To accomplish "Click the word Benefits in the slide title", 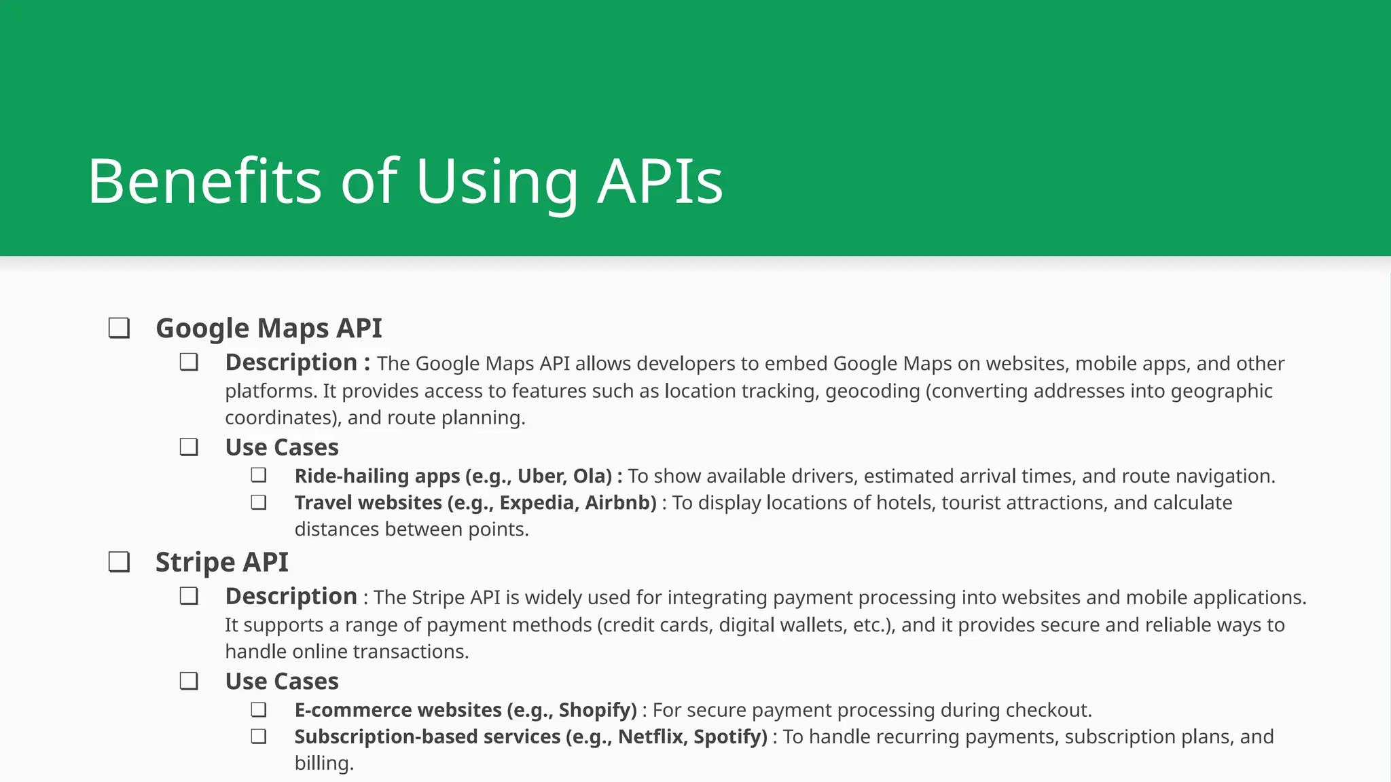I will point(204,181).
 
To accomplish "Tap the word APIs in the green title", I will point(660,181).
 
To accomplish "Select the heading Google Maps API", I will point(268,329).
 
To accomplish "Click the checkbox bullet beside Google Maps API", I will point(120,329).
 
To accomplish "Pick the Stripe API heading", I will point(221,562).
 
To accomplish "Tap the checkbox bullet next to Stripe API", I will point(120,562).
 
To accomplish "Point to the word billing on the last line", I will point(323,764).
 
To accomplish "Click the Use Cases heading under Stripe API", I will point(282,682).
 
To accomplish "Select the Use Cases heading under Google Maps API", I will point(282,448).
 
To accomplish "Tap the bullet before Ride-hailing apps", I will point(258,475).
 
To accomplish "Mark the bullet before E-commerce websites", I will point(258,709).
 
